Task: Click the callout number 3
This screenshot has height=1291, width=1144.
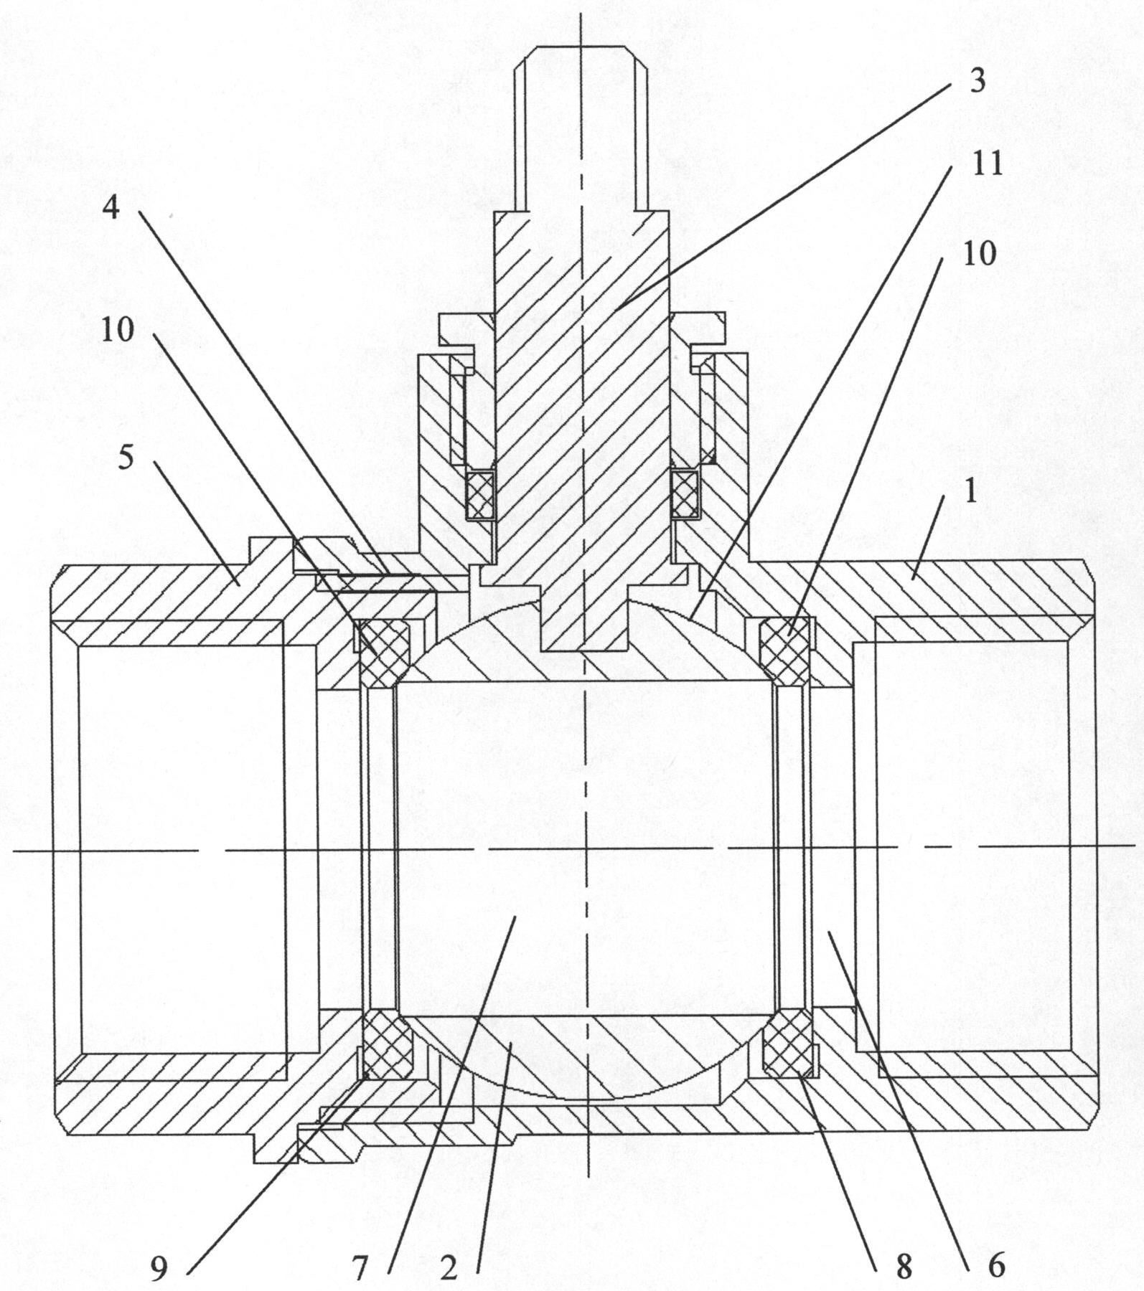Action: pyautogui.click(x=977, y=80)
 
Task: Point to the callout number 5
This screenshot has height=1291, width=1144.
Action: pyautogui.click(x=126, y=458)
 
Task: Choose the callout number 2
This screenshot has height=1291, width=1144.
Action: pyautogui.click(x=449, y=1268)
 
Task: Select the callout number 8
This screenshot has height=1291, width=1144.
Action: pyautogui.click(x=904, y=1268)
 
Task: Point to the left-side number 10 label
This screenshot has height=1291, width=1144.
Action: pyautogui.click(x=118, y=330)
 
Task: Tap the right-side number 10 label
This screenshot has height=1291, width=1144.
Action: pyautogui.click(x=979, y=253)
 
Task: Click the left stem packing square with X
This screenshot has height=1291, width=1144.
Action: pyautogui.click(x=480, y=494)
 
